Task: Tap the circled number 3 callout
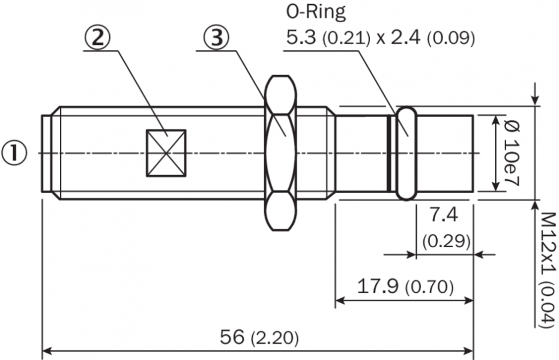[216, 38]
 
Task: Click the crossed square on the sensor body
[166, 153]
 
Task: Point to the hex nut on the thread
[281, 153]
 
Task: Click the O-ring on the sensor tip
[405, 153]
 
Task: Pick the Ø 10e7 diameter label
[512, 153]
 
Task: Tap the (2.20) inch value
[274, 337]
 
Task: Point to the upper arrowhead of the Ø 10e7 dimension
[495, 121]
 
